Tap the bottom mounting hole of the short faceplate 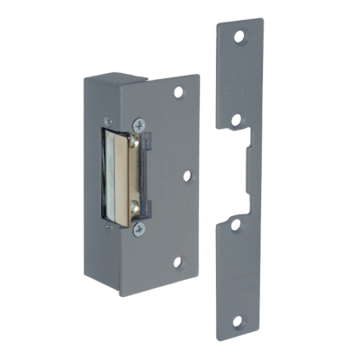[x=177, y=263]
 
